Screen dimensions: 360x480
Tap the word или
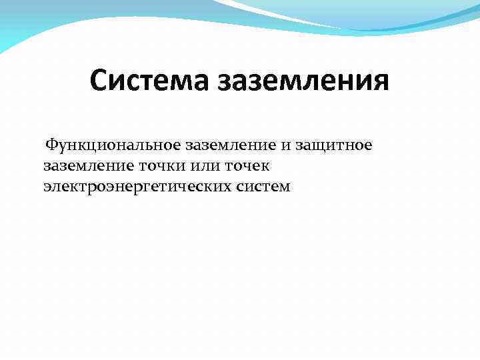205,165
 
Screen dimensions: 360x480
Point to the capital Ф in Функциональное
51,145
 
